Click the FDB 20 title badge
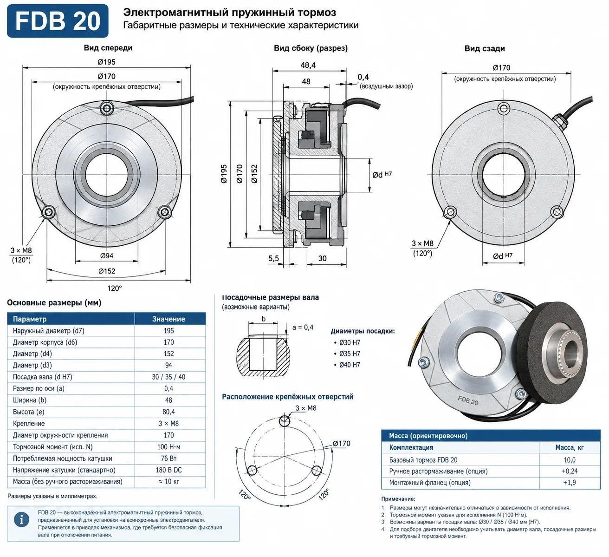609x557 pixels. [x=58, y=20]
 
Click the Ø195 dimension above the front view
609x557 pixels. [x=107, y=62]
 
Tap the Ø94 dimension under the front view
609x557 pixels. [x=107, y=256]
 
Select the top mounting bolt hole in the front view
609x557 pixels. [x=107, y=108]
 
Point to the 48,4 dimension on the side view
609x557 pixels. [x=308, y=65]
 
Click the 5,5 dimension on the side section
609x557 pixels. [x=273, y=258]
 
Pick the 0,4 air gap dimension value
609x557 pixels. [x=363, y=77]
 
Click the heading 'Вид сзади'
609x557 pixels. [x=485, y=49]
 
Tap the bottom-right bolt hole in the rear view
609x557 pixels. [x=557, y=211]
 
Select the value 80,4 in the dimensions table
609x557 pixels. [x=168, y=412]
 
